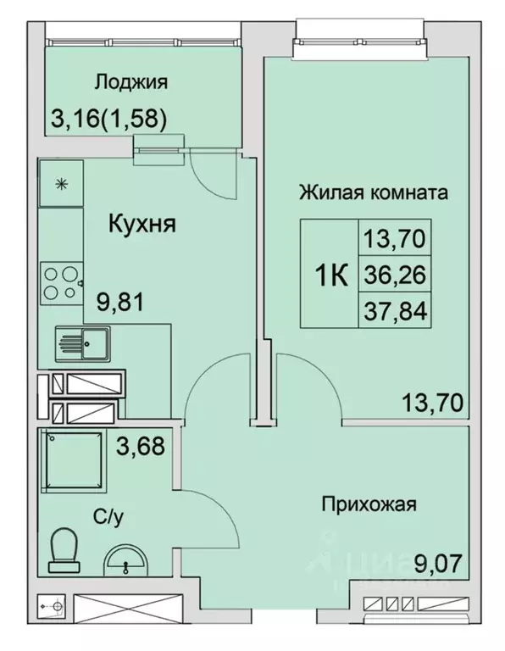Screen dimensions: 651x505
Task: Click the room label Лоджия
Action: coord(131,82)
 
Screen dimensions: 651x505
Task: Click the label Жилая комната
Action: coord(372,192)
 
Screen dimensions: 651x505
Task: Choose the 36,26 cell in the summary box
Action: coord(395,275)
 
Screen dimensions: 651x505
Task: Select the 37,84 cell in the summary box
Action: coord(395,313)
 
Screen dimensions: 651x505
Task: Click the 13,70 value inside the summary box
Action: coord(395,236)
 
